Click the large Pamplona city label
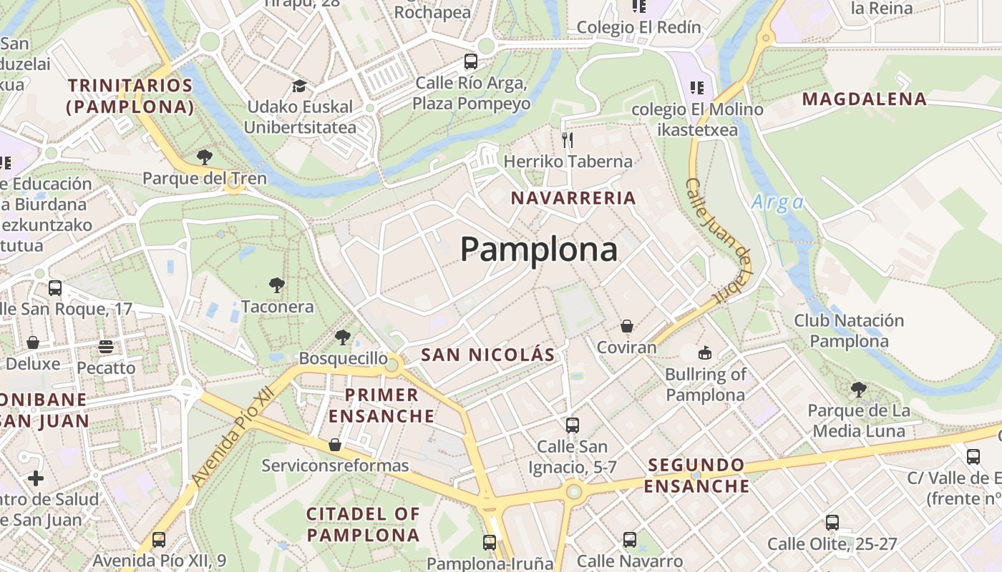pyautogui.click(x=538, y=250)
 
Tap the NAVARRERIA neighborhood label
pyautogui.click(x=573, y=198)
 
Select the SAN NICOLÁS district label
pyautogui.click(x=487, y=355)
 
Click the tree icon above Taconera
pyautogui.click(x=277, y=285)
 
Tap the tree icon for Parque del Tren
pyautogui.click(x=205, y=157)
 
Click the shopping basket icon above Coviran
pyautogui.click(x=627, y=326)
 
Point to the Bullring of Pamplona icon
pyautogui.click(x=705, y=352)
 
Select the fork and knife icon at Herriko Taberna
pyautogui.click(x=568, y=139)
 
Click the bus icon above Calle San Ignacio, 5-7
pyautogui.click(x=572, y=425)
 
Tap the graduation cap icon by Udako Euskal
pyautogui.click(x=299, y=87)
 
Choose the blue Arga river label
pyautogui.click(x=778, y=202)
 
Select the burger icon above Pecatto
pyautogui.click(x=106, y=347)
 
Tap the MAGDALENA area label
pyautogui.click(x=865, y=99)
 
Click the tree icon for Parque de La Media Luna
pyautogui.click(x=859, y=390)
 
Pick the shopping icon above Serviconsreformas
pyautogui.click(x=334, y=445)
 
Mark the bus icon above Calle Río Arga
pyautogui.click(x=470, y=61)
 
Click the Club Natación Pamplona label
pyautogui.click(x=849, y=330)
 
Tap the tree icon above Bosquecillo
pyautogui.click(x=343, y=337)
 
